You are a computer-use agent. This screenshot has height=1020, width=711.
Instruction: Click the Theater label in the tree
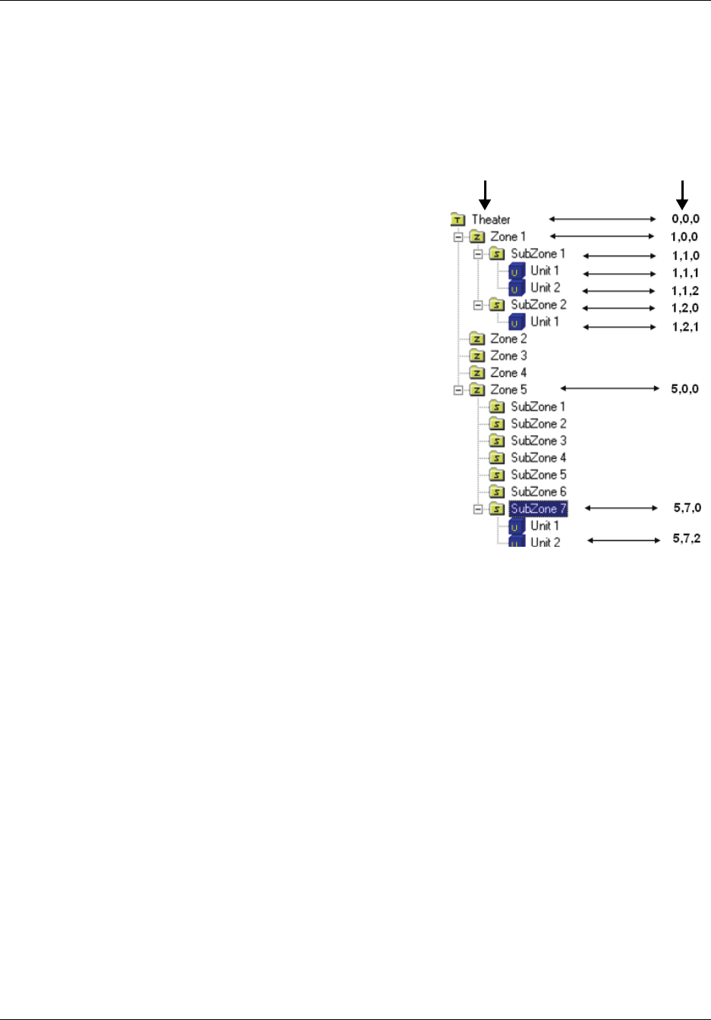491,220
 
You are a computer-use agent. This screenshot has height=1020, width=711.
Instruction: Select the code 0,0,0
685,219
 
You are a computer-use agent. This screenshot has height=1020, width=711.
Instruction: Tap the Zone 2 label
508,339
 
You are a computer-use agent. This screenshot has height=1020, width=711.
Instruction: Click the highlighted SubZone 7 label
538,509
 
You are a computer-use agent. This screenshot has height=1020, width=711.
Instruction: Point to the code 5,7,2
687,539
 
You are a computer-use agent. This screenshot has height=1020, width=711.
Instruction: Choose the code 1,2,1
685,327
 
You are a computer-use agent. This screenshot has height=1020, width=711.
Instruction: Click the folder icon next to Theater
458,220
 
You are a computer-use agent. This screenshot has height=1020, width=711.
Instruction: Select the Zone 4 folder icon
477,373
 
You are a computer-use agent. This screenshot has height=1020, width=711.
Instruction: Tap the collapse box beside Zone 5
458,390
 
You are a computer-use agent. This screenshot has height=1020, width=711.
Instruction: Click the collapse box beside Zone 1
458,237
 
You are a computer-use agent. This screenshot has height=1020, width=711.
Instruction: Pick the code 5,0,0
684,389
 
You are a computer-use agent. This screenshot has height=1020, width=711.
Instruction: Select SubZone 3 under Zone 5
538,441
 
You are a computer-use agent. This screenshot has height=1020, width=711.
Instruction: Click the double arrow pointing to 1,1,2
619,291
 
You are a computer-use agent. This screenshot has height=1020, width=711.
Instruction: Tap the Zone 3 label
508,356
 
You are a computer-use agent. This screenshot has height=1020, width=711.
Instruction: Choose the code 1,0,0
684,237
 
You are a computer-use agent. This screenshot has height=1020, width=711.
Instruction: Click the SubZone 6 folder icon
497,492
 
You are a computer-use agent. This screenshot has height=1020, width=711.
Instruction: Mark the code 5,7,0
687,508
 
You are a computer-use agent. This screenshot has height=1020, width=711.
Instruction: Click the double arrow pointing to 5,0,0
610,388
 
